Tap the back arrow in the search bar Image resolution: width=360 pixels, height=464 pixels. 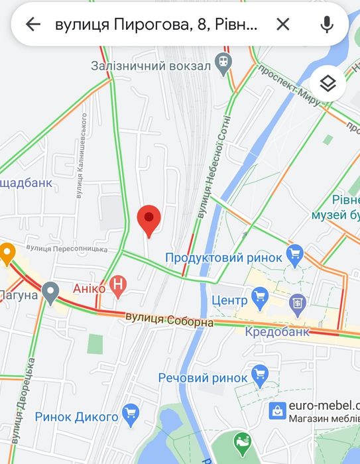click(x=32, y=25)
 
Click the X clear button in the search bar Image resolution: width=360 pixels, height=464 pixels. click(x=282, y=25)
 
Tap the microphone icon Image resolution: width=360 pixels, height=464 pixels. click(x=326, y=25)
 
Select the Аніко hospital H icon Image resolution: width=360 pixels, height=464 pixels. click(x=118, y=286)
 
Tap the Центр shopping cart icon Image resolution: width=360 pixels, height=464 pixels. click(x=259, y=296)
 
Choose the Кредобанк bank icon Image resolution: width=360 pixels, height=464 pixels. click(x=298, y=304)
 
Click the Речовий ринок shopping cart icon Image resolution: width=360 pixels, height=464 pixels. click(x=259, y=375)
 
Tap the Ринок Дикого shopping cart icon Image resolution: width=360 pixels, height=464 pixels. click(x=131, y=414)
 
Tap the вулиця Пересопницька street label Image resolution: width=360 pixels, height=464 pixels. click(x=66, y=249)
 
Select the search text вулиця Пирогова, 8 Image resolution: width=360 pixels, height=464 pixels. click(x=156, y=25)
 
